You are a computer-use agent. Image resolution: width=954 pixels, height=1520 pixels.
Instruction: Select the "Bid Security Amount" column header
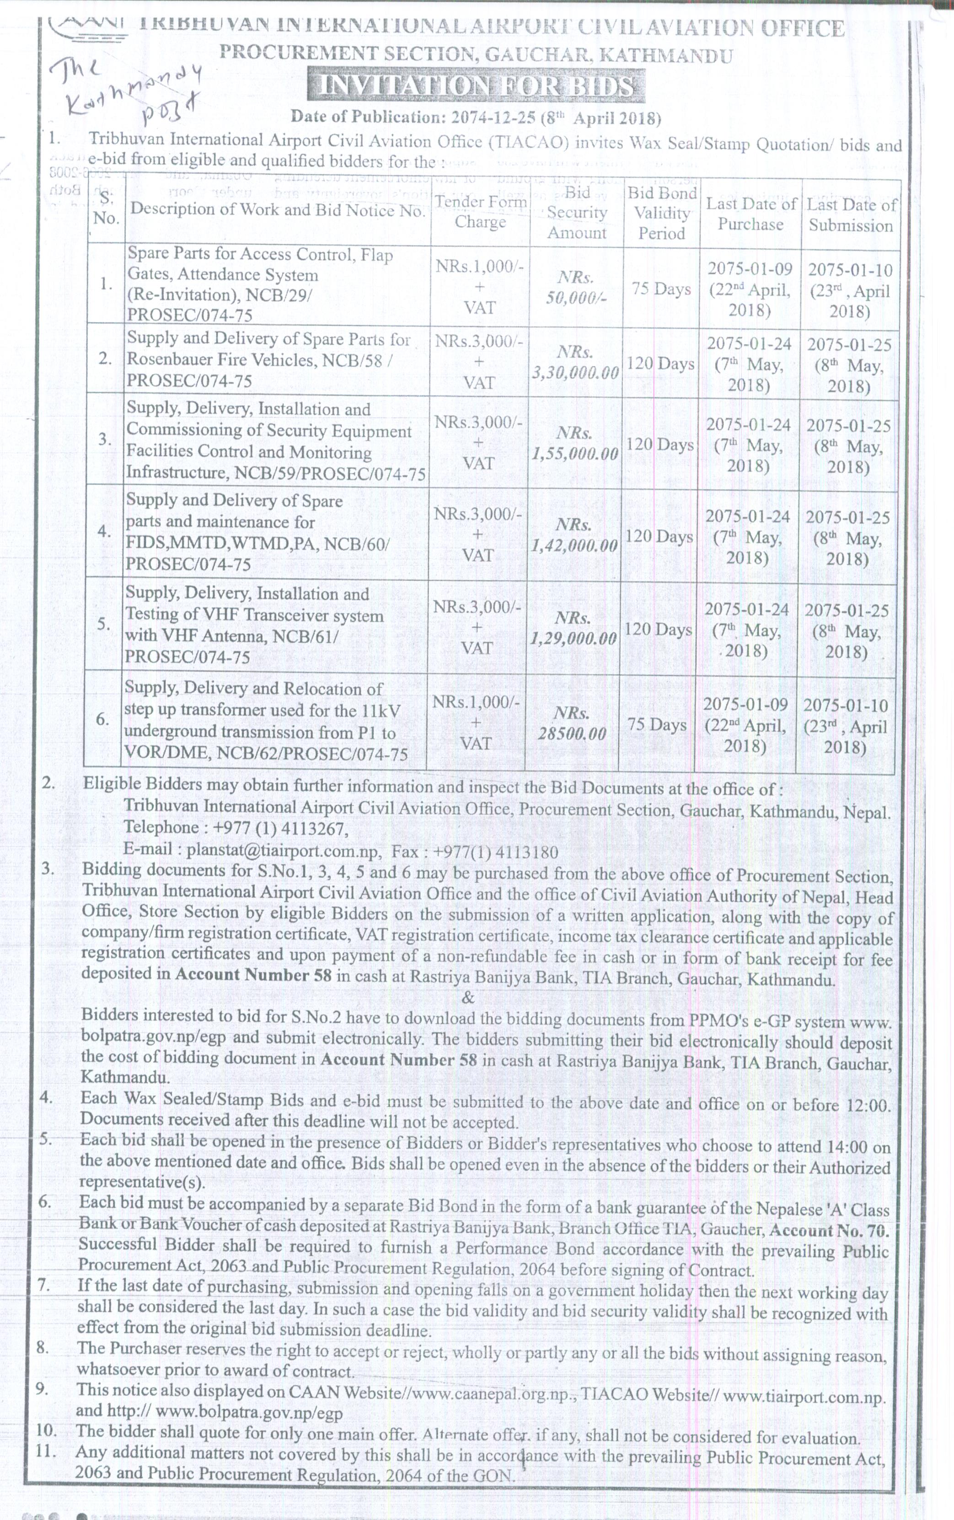click(x=577, y=213)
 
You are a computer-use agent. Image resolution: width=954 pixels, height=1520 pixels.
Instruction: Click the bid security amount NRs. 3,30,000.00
click(x=575, y=362)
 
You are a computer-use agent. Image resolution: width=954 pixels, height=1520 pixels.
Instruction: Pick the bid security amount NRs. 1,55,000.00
click(x=574, y=444)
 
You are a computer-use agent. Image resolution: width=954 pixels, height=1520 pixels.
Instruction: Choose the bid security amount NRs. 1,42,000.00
click(x=573, y=535)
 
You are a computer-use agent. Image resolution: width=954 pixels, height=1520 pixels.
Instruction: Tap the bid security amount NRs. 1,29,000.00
click(x=573, y=628)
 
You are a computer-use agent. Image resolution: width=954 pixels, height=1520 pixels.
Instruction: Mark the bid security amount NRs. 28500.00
click(x=572, y=723)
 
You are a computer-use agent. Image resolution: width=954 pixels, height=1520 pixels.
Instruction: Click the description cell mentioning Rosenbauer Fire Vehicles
click(x=269, y=359)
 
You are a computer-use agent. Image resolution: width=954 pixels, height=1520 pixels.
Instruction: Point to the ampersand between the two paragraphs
click(x=468, y=998)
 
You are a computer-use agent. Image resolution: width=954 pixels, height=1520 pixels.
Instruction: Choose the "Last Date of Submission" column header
click(x=851, y=214)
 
